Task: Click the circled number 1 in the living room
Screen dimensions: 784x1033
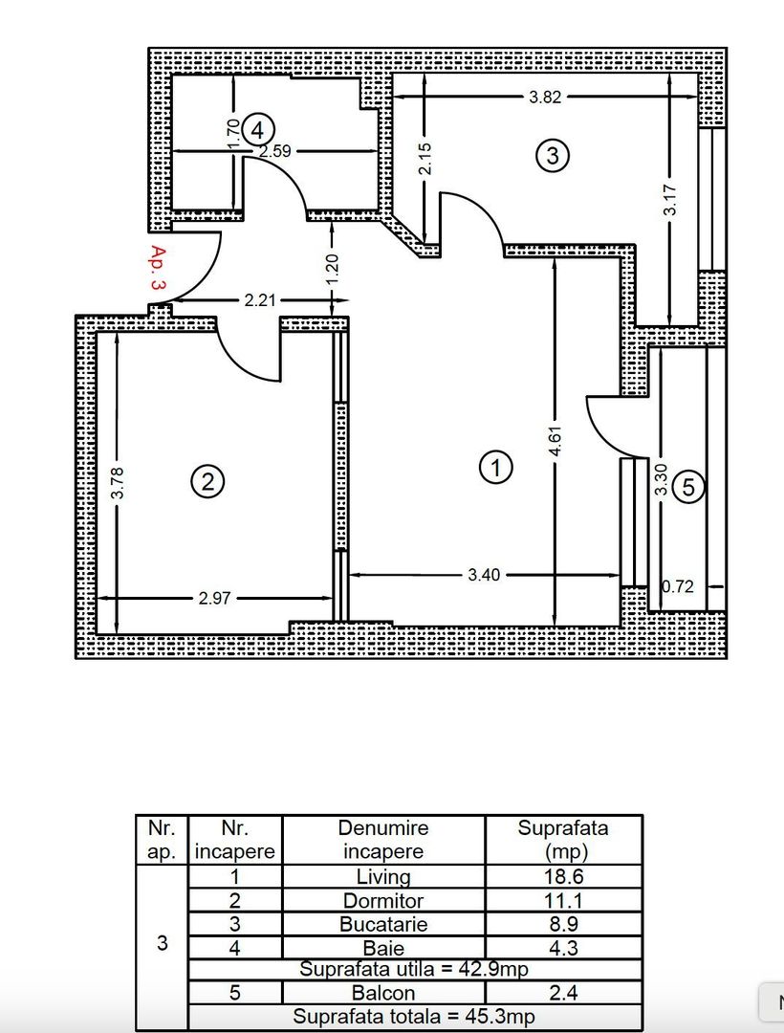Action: pos(495,467)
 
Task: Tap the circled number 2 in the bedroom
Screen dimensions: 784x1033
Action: pos(207,482)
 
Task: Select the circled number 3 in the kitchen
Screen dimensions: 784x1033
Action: pos(553,156)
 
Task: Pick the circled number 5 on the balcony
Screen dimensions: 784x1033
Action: pos(688,487)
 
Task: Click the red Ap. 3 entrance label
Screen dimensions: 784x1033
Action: pos(158,268)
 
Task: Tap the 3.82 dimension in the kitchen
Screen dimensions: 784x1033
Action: pos(545,97)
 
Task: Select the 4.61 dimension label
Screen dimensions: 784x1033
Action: pos(555,441)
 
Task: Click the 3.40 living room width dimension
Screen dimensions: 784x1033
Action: pos(484,575)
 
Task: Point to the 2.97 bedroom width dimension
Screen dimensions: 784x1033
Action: pos(214,598)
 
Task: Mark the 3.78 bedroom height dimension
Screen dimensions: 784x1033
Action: pos(118,483)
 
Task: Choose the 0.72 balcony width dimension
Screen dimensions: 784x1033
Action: pos(677,586)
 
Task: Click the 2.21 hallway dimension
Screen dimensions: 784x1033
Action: pos(260,300)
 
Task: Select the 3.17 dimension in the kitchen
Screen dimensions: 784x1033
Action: pos(669,200)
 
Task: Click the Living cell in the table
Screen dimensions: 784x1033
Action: pos(383,877)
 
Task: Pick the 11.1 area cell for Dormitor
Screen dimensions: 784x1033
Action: pos(563,901)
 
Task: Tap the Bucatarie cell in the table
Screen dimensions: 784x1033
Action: pos(383,924)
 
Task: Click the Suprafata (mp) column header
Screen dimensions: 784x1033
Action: pos(563,840)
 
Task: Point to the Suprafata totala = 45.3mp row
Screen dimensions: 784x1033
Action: pos(414,1017)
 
